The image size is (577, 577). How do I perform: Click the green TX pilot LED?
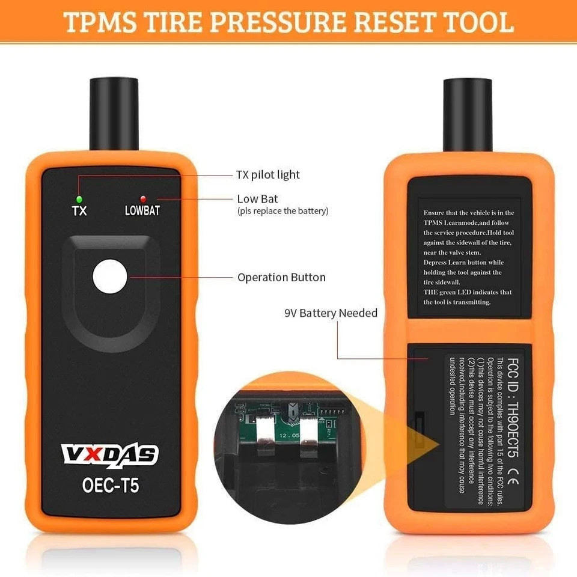click(x=79, y=198)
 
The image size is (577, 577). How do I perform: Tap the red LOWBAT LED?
click(x=143, y=198)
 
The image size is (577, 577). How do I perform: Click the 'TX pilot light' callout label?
click(x=267, y=175)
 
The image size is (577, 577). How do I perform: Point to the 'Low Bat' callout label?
click(x=258, y=198)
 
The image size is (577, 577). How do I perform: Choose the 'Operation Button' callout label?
click(x=281, y=277)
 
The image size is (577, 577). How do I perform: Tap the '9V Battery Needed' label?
click(x=331, y=313)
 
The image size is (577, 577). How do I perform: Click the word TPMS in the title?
click(x=99, y=22)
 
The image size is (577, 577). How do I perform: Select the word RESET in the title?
click(x=403, y=22)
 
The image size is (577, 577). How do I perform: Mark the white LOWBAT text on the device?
click(x=142, y=211)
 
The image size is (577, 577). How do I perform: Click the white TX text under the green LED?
click(x=79, y=211)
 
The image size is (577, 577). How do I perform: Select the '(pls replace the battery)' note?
click(x=282, y=211)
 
